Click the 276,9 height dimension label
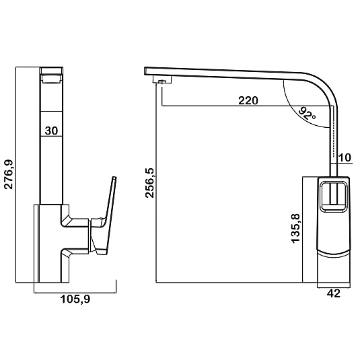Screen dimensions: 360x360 [9, 174]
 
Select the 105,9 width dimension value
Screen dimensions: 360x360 [75, 299]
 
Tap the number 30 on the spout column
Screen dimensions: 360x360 [51, 131]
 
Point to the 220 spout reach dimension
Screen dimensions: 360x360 [248, 100]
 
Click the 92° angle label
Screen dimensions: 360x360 [308, 114]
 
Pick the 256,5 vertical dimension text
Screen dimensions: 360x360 [149, 183]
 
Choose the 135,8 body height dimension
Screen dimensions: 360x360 [295, 228]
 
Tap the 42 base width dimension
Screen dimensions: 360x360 [334, 293]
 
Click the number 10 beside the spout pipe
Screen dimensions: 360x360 [345, 157]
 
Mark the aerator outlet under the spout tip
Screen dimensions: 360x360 [163, 80]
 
